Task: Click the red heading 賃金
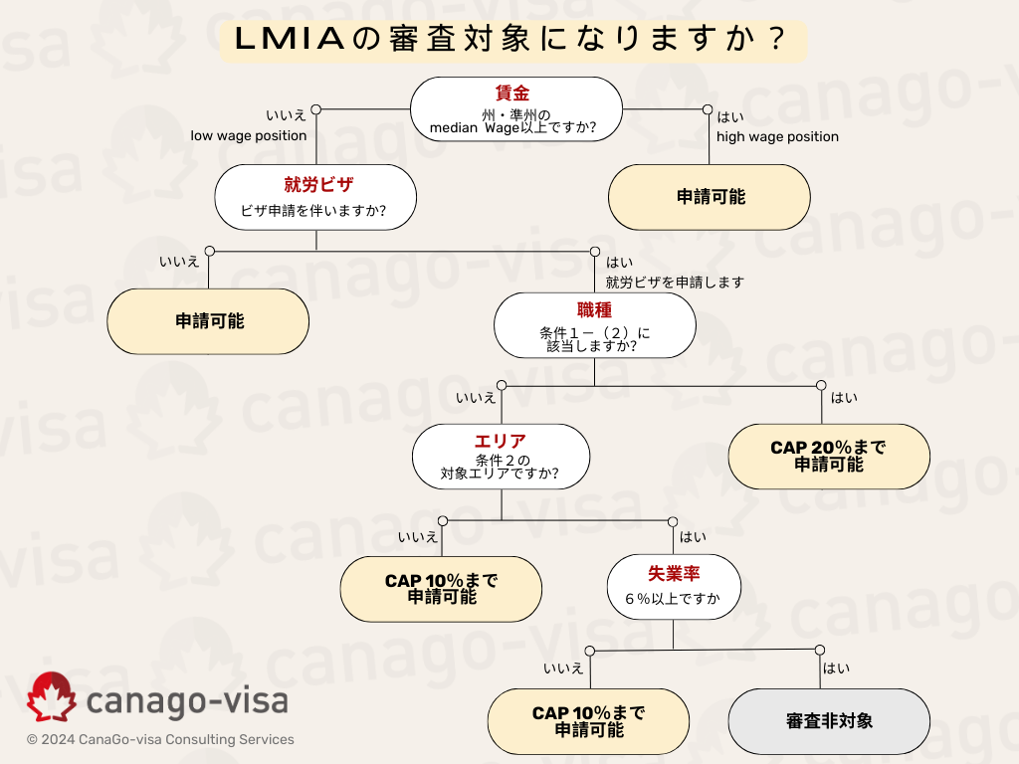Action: click(511, 94)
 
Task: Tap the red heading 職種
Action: click(594, 310)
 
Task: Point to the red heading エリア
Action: click(501, 441)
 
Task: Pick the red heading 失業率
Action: click(675, 574)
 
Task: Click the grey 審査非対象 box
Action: click(829, 720)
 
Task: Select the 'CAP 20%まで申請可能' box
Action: click(829, 456)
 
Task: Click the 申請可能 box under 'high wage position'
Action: click(710, 197)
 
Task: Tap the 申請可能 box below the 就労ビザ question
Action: click(209, 321)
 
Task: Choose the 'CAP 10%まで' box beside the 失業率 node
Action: click(441, 589)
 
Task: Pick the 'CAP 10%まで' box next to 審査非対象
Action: click(588, 720)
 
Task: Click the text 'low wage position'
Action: click(249, 135)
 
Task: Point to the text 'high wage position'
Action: click(777, 136)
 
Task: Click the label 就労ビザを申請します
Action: click(675, 283)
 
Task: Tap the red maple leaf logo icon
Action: click(51, 697)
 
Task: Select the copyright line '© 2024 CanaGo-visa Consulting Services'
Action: click(160, 740)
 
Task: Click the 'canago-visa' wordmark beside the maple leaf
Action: click(187, 699)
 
